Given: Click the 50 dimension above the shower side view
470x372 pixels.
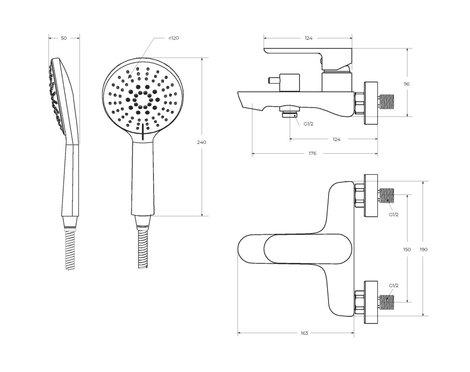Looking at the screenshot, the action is [64, 38].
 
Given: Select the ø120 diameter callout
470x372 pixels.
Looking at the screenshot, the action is [173, 38].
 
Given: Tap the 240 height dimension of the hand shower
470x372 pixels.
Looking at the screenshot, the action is [202, 142].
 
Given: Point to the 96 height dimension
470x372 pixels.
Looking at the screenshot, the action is [407, 84].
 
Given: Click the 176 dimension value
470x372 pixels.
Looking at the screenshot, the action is [313, 153].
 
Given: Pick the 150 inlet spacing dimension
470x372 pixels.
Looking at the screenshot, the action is [407, 250].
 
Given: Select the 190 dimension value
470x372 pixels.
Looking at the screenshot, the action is [423, 250].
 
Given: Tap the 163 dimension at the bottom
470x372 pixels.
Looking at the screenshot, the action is [304, 333].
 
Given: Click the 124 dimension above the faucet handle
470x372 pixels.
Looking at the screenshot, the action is [309, 38].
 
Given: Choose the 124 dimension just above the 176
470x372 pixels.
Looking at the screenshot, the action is [336, 139].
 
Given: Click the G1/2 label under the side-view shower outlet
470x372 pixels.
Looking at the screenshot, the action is [309, 124].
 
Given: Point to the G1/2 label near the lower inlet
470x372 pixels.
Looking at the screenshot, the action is [393, 286].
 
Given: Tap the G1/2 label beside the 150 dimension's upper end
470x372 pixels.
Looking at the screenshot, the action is [393, 214].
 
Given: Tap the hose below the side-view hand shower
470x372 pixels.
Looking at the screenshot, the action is [71, 249].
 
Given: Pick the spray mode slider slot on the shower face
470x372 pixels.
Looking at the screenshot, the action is [142, 132].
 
